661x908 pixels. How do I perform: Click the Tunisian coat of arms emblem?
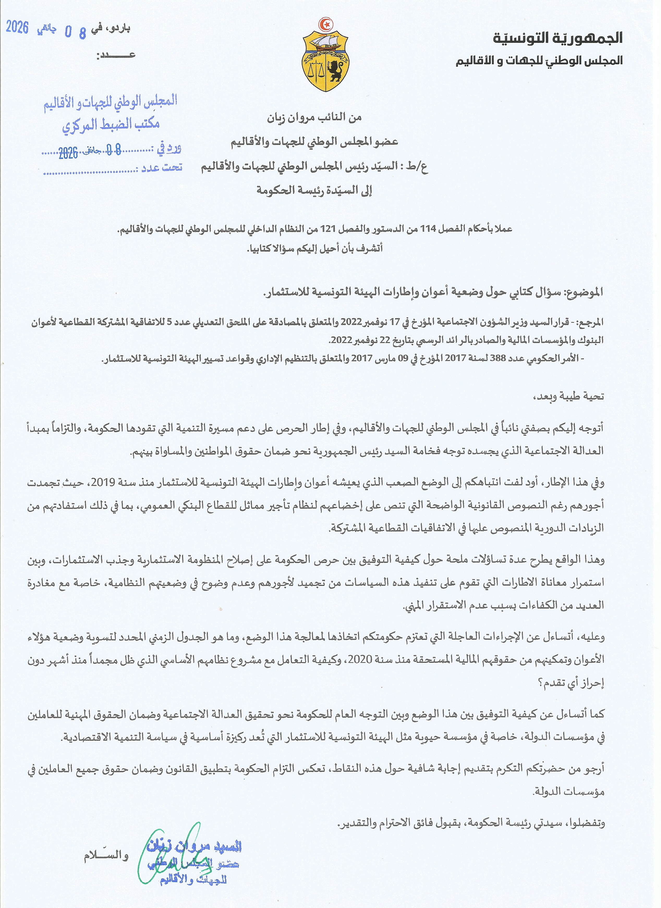tap(325, 60)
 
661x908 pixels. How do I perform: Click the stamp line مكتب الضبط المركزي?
tap(111, 125)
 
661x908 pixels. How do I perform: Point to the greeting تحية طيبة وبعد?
tap(568, 397)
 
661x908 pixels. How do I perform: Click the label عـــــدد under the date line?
tap(116, 55)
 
